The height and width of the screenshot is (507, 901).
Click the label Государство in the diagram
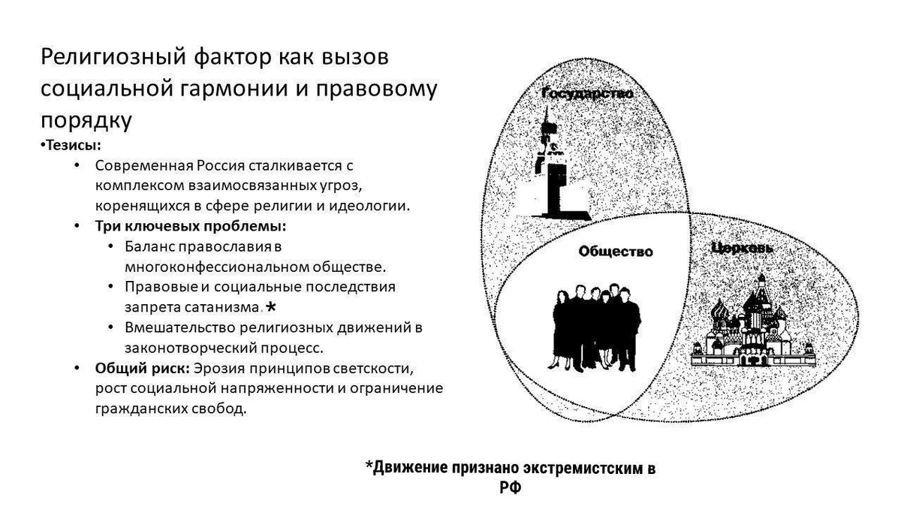(x=588, y=95)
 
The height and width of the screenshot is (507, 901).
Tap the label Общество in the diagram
(x=616, y=252)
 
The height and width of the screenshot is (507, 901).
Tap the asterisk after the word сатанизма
(x=271, y=306)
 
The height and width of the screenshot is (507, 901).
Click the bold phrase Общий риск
(x=141, y=369)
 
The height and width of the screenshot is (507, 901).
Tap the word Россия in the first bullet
(x=227, y=164)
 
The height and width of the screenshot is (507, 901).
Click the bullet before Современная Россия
(x=78, y=164)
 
